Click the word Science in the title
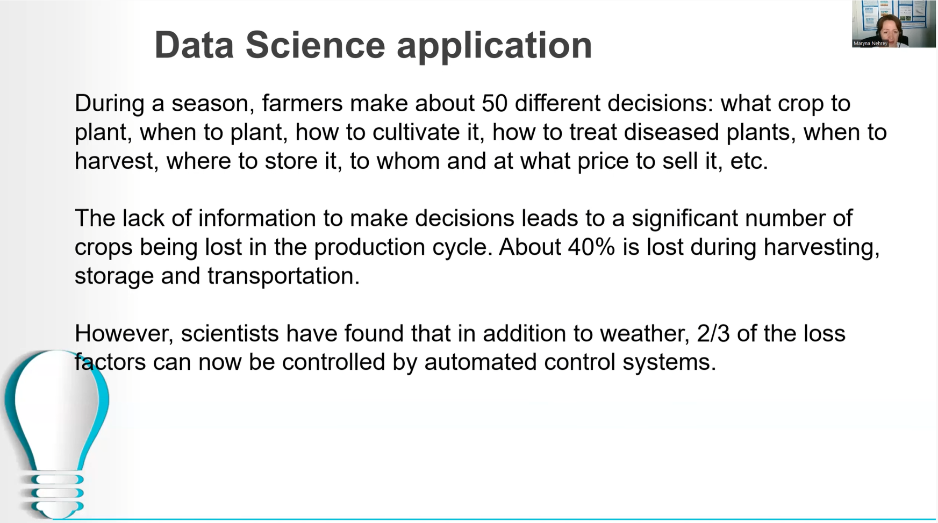tap(316, 45)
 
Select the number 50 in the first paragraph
tap(495, 103)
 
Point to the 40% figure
tap(591, 247)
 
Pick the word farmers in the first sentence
tap(303, 103)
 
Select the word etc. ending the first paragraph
tap(749, 161)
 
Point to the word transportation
tap(283, 276)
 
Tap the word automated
tap(480, 362)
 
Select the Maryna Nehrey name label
tap(870, 44)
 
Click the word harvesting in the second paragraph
tap(821, 248)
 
